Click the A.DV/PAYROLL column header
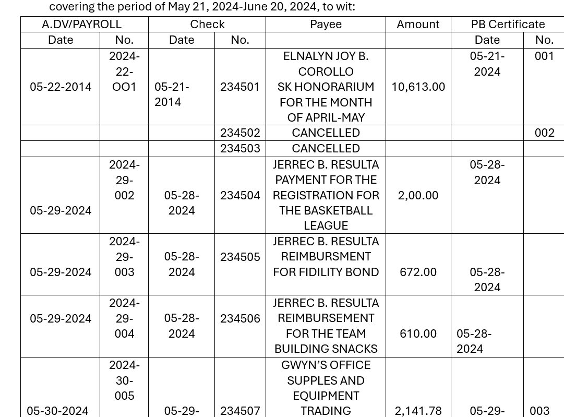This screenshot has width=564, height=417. (x=81, y=25)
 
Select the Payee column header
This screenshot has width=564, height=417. (x=326, y=25)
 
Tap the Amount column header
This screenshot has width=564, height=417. (x=418, y=25)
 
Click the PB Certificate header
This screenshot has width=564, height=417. (x=508, y=25)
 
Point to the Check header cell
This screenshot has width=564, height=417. (x=207, y=25)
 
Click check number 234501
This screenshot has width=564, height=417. (x=239, y=87)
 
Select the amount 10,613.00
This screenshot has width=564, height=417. (x=418, y=87)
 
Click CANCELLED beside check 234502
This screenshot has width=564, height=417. (x=326, y=133)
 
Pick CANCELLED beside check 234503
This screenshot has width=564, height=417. (x=326, y=149)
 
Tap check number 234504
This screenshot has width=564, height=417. (x=239, y=196)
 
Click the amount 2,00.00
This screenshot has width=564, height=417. (x=418, y=196)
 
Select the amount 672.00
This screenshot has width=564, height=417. (x=418, y=272)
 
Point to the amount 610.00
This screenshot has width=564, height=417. (x=418, y=334)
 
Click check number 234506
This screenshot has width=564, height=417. (x=239, y=318)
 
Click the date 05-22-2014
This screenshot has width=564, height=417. (x=61, y=87)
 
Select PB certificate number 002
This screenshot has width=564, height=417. (x=544, y=133)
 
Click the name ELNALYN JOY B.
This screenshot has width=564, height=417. (x=326, y=56)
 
